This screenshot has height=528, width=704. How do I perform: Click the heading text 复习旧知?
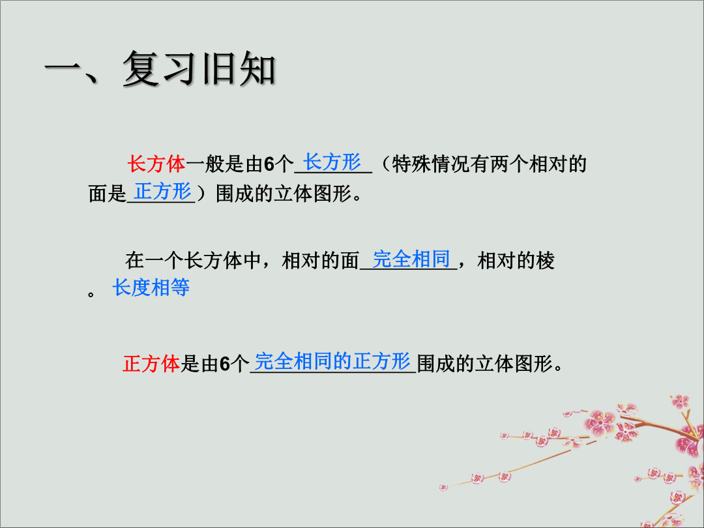[x=199, y=68]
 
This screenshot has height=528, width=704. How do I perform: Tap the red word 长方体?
[x=156, y=164]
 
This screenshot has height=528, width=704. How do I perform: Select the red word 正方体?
[x=151, y=363]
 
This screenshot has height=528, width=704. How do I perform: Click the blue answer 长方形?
[x=332, y=162]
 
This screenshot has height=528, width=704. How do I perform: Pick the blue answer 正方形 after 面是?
[x=162, y=191]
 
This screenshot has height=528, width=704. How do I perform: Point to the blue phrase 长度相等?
[x=151, y=287]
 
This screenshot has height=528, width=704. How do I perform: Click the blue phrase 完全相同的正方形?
[x=332, y=361]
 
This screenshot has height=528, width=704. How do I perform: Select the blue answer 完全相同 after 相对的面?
[x=411, y=259]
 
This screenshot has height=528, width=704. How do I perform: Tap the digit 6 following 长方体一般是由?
[x=269, y=164]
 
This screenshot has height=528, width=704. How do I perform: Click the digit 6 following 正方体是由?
[x=224, y=364]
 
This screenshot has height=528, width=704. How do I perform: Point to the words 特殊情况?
[x=431, y=164]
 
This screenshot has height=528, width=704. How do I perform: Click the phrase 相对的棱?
[x=516, y=260]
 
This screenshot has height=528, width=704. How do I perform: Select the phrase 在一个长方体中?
[x=193, y=260]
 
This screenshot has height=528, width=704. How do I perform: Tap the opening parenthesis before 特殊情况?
[x=385, y=164]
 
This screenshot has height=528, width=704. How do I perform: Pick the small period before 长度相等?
[x=91, y=295]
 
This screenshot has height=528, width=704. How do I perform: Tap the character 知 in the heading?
[x=257, y=68]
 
